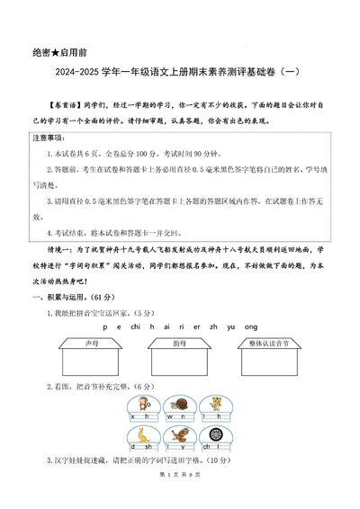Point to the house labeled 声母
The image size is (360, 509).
[x=91, y=352]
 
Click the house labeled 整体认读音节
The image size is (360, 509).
[x=271, y=352]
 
